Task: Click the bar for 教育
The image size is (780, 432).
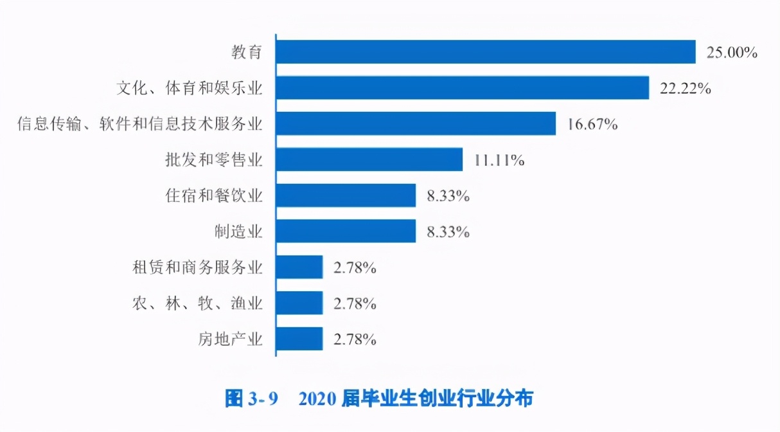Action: point(486,52)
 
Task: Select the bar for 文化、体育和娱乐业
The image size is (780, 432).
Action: point(463,88)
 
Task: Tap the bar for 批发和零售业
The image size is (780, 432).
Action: point(369,159)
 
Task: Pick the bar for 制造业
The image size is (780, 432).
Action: point(346,231)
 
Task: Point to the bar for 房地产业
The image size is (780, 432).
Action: point(299,339)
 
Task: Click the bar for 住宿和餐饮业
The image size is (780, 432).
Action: point(346,195)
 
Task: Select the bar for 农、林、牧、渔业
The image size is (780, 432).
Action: point(299,303)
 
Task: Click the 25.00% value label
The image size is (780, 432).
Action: point(732,53)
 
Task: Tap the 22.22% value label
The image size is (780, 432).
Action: point(685,89)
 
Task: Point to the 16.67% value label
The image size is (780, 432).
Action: point(592,125)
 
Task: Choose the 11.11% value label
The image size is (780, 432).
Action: point(499,161)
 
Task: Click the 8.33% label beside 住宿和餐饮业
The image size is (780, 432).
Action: point(448,196)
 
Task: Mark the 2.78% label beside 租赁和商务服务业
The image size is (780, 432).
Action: point(354,268)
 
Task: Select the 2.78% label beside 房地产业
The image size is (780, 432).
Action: point(354,339)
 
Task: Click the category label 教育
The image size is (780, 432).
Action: point(247,52)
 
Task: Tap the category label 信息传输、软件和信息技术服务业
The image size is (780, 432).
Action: point(140,123)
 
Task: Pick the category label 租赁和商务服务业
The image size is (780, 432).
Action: point(197,267)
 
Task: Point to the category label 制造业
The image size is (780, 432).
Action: point(238,231)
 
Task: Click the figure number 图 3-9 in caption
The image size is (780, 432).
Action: point(251,399)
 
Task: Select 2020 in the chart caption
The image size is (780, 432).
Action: point(318,399)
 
